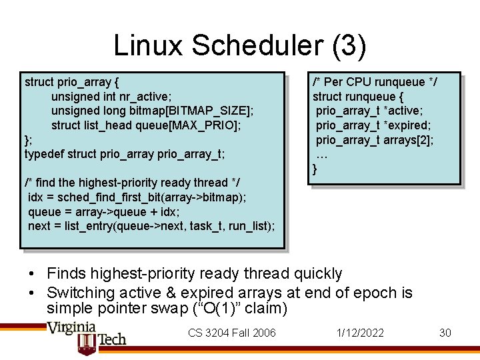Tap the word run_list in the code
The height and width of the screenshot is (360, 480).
pyautogui.click(x=249, y=227)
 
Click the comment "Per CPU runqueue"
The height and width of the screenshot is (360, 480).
pyautogui.click(x=375, y=82)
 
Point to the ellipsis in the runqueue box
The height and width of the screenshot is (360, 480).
pyautogui.click(x=322, y=155)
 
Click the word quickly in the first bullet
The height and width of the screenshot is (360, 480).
pyautogui.click(x=318, y=273)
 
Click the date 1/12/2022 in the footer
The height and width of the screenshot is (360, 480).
pyautogui.click(x=361, y=333)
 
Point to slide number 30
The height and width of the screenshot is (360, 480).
pyautogui.click(x=445, y=333)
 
